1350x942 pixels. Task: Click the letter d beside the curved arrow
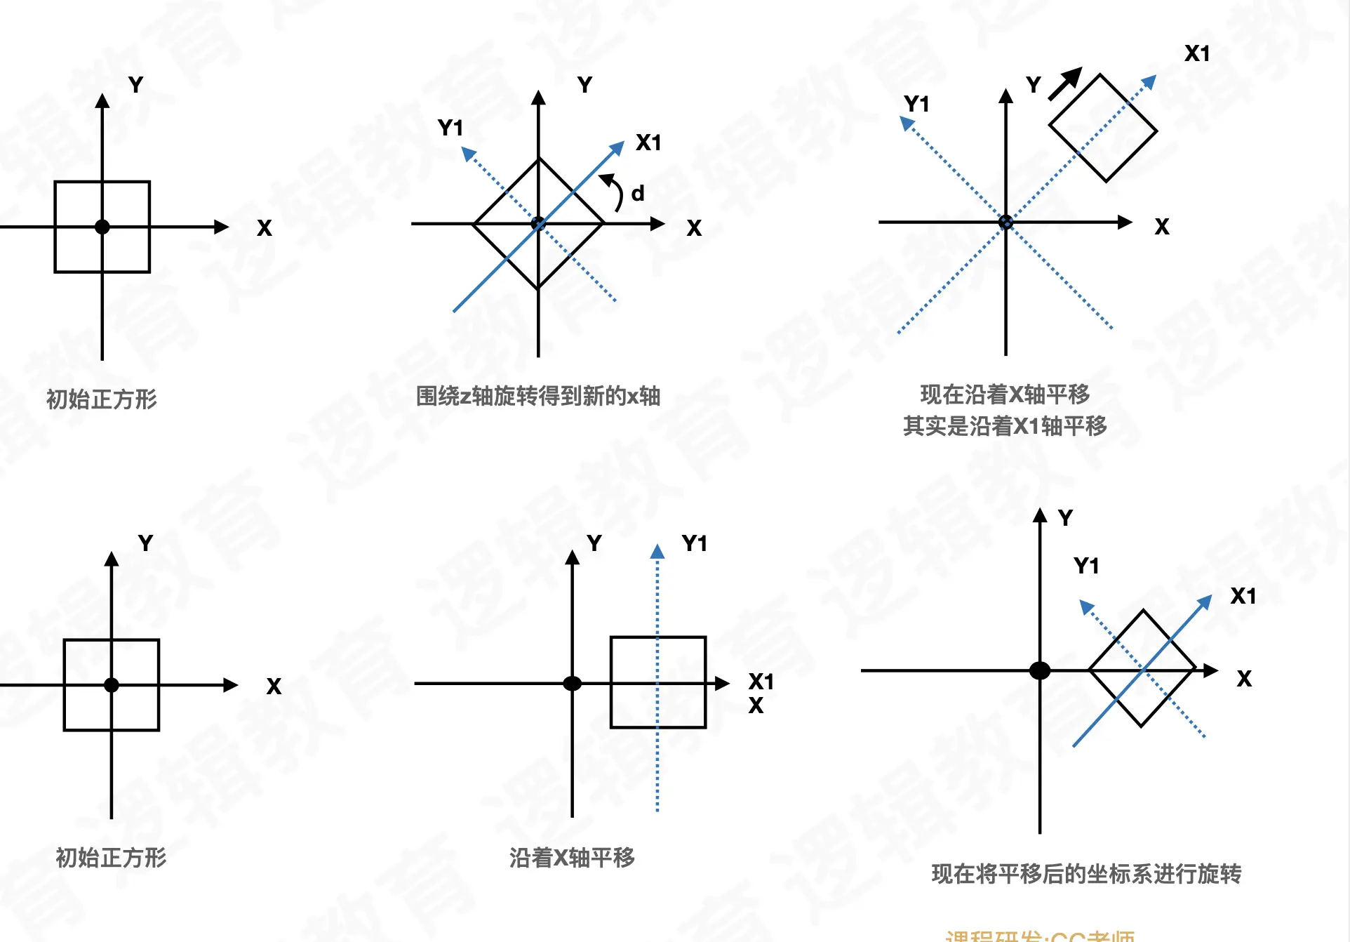pyautogui.click(x=637, y=193)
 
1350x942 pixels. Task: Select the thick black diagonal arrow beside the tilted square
pyautogui.click(x=1065, y=84)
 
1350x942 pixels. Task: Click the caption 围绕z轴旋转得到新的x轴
pyautogui.click(x=538, y=396)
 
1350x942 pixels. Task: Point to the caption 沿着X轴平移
pyautogui.click(x=572, y=857)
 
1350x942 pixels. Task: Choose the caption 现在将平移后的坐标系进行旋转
pyautogui.click(x=1086, y=874)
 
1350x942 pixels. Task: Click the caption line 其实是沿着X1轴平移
pyautogui.click(x=1005, y=426)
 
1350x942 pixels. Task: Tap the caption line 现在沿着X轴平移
pyautogui.click(x=1005, y=394)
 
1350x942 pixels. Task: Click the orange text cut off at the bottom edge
pyautogui.click(x=1039, y=935)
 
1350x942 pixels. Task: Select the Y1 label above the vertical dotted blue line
pyautogui.click(x=694, y=543)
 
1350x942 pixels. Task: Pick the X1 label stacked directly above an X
pyautogui.click(x=761, y=682)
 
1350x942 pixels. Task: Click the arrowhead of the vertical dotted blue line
pyautogui.click(x=657, y=552)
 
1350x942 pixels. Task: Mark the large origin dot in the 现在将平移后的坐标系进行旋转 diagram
pyautogui.click(x=1040, y=670)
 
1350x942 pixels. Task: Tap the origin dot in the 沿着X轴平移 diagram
pyautogui.click(x=573, y=683)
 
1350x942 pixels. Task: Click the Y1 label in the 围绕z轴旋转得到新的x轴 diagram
pyautogui.click(x=450, y=128)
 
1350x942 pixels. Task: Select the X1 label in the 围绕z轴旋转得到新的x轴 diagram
pyautogui.click(x=648, y=142)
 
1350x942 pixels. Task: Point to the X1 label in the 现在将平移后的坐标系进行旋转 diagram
pyautogui.click(x=1243, y=596)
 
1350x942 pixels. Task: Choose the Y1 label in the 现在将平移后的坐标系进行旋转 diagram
pyautogui.click(x=1086, y=566)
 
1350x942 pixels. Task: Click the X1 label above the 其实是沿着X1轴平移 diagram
pyautogui.click(x=1197, y=53)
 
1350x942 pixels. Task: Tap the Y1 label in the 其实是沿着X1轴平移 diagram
pyautogui.click(x=916, y=104)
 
